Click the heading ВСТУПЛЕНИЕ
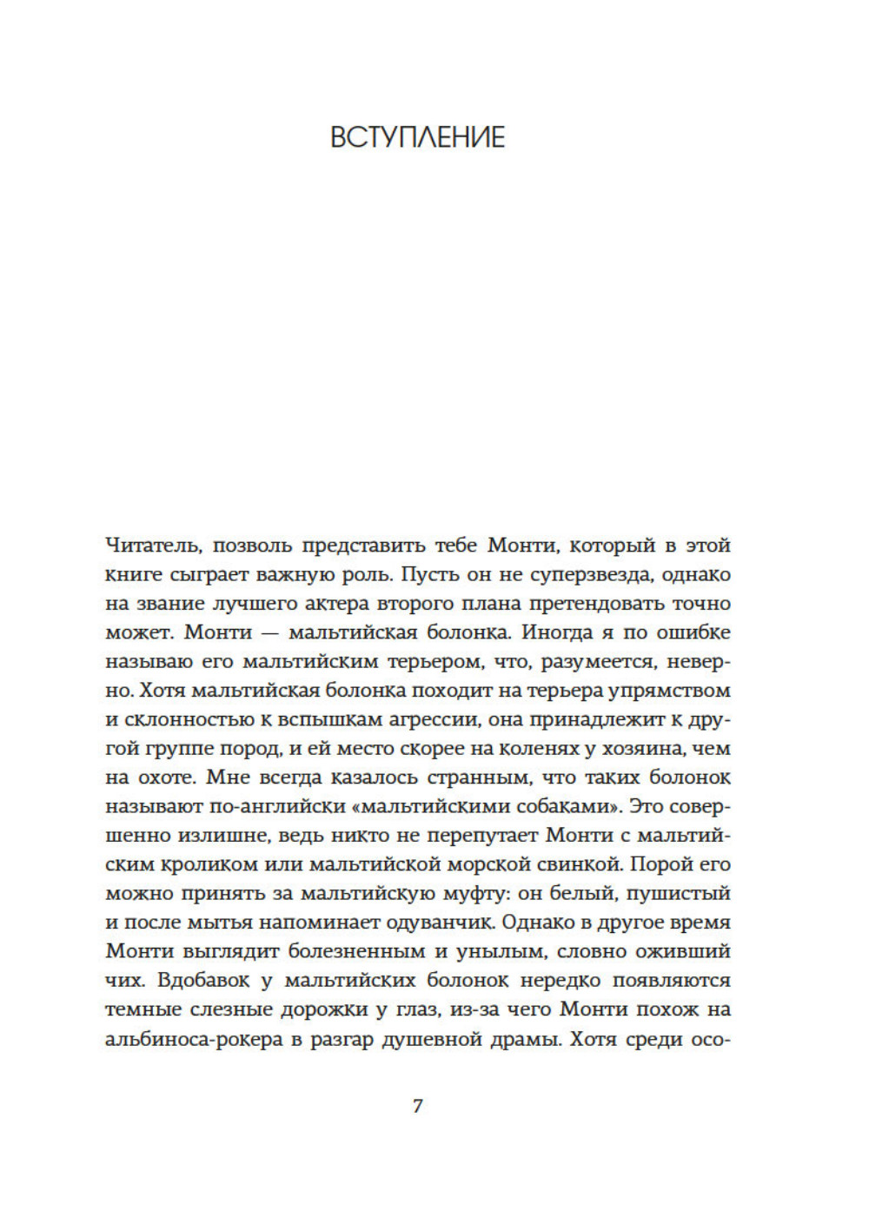417,137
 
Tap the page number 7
417,1107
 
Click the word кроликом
209,865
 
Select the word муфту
485,894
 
